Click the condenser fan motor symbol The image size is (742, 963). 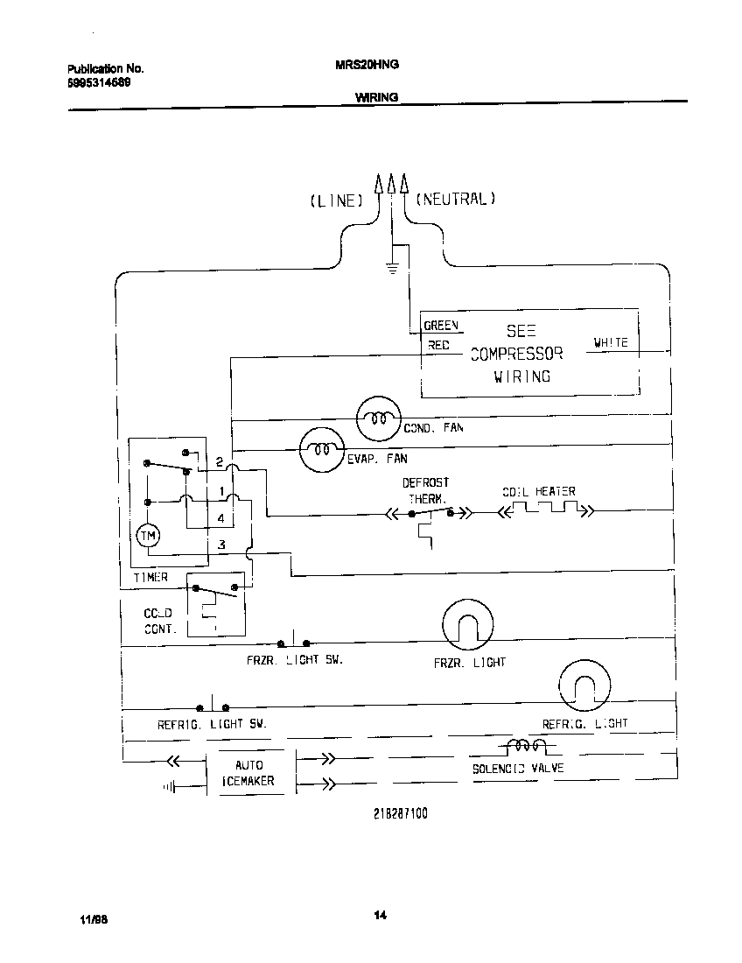(x=378, y=418)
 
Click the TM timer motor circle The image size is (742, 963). (x=148, y=537)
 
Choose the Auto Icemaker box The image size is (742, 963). (x=249, y=772)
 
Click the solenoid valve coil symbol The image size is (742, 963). (x=525, y=746)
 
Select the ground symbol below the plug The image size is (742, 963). (x=393, y=267)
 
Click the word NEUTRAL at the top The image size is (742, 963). (x=455, y=199)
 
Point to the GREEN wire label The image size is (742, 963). (x=441, y=326)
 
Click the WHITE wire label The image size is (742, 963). (x=611, y=343)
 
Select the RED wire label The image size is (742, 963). (x=438, y=346)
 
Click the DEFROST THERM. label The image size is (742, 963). (x=426, y=490)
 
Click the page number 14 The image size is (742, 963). (x=380, y=916)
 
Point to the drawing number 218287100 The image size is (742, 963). (x=401, y=812)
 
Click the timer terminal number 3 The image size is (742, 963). (x=222, y=545)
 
